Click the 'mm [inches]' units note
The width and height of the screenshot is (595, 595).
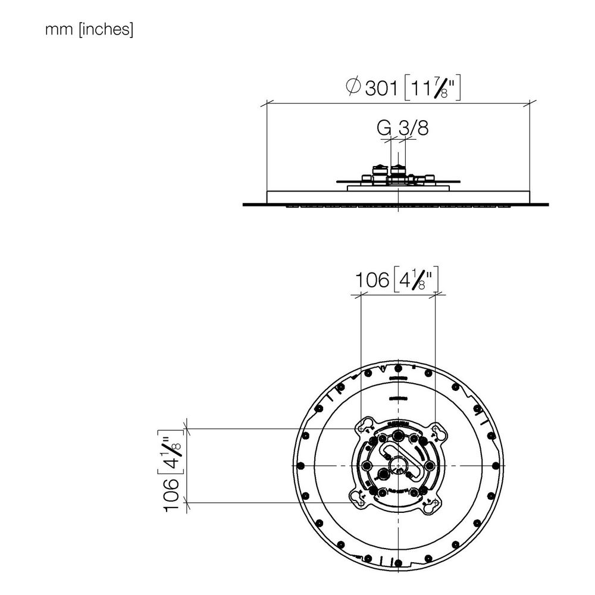coord(89,29)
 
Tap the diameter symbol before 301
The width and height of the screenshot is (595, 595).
coord(353,86)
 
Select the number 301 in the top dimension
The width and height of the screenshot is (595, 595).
coord(381,89)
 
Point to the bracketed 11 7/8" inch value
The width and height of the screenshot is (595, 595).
coord(433,88)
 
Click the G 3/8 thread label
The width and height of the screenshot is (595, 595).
coord(403,128)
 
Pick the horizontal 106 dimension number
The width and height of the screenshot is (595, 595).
coord(372,280)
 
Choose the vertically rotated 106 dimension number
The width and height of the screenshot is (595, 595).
coord(171,495)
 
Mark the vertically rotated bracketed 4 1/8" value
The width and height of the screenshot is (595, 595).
coord(170,452)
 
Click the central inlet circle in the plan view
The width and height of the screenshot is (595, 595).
coord(397,465)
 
